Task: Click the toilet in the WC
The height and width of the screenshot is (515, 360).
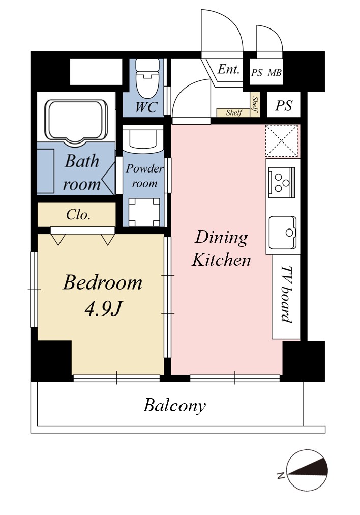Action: pos(147,78)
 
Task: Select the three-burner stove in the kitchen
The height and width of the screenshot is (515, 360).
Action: pos(282,182)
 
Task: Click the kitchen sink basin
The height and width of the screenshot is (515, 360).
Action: pos(283,233)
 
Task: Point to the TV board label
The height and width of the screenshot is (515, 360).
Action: pos(286,294)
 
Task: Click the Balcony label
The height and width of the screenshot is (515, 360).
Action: pos(174,406)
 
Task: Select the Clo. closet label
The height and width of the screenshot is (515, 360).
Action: pos(78,215)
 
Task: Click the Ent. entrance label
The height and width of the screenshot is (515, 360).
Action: pos(229,69)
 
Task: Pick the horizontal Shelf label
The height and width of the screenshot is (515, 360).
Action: pos(234,112)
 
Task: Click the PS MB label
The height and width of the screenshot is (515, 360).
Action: pos(266,73)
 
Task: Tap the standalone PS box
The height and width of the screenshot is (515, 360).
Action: pos(284,105)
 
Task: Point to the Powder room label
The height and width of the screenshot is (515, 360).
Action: pos(144,176)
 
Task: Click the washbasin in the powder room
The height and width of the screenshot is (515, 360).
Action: pos(143,138)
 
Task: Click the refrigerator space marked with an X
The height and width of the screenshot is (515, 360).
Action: pos(282,140)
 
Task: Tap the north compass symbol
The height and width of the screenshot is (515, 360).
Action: pos(307,470)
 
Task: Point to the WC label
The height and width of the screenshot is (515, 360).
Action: pos(146,107)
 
